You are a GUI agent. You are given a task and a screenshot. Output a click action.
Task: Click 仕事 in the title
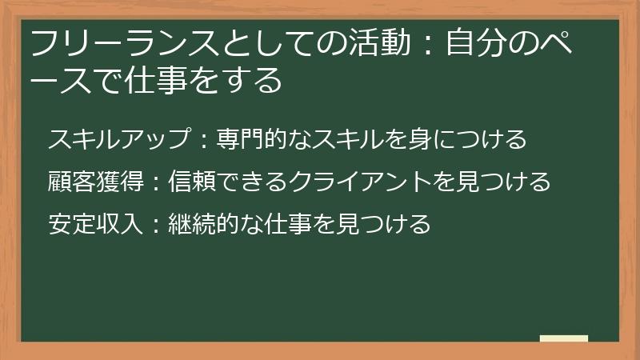148,81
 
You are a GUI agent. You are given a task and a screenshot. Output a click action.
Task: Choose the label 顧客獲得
97,182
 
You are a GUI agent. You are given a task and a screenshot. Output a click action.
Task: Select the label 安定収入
97,223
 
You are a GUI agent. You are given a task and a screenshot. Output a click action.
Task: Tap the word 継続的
205,223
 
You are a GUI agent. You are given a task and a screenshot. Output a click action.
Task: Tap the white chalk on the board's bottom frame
564,339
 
